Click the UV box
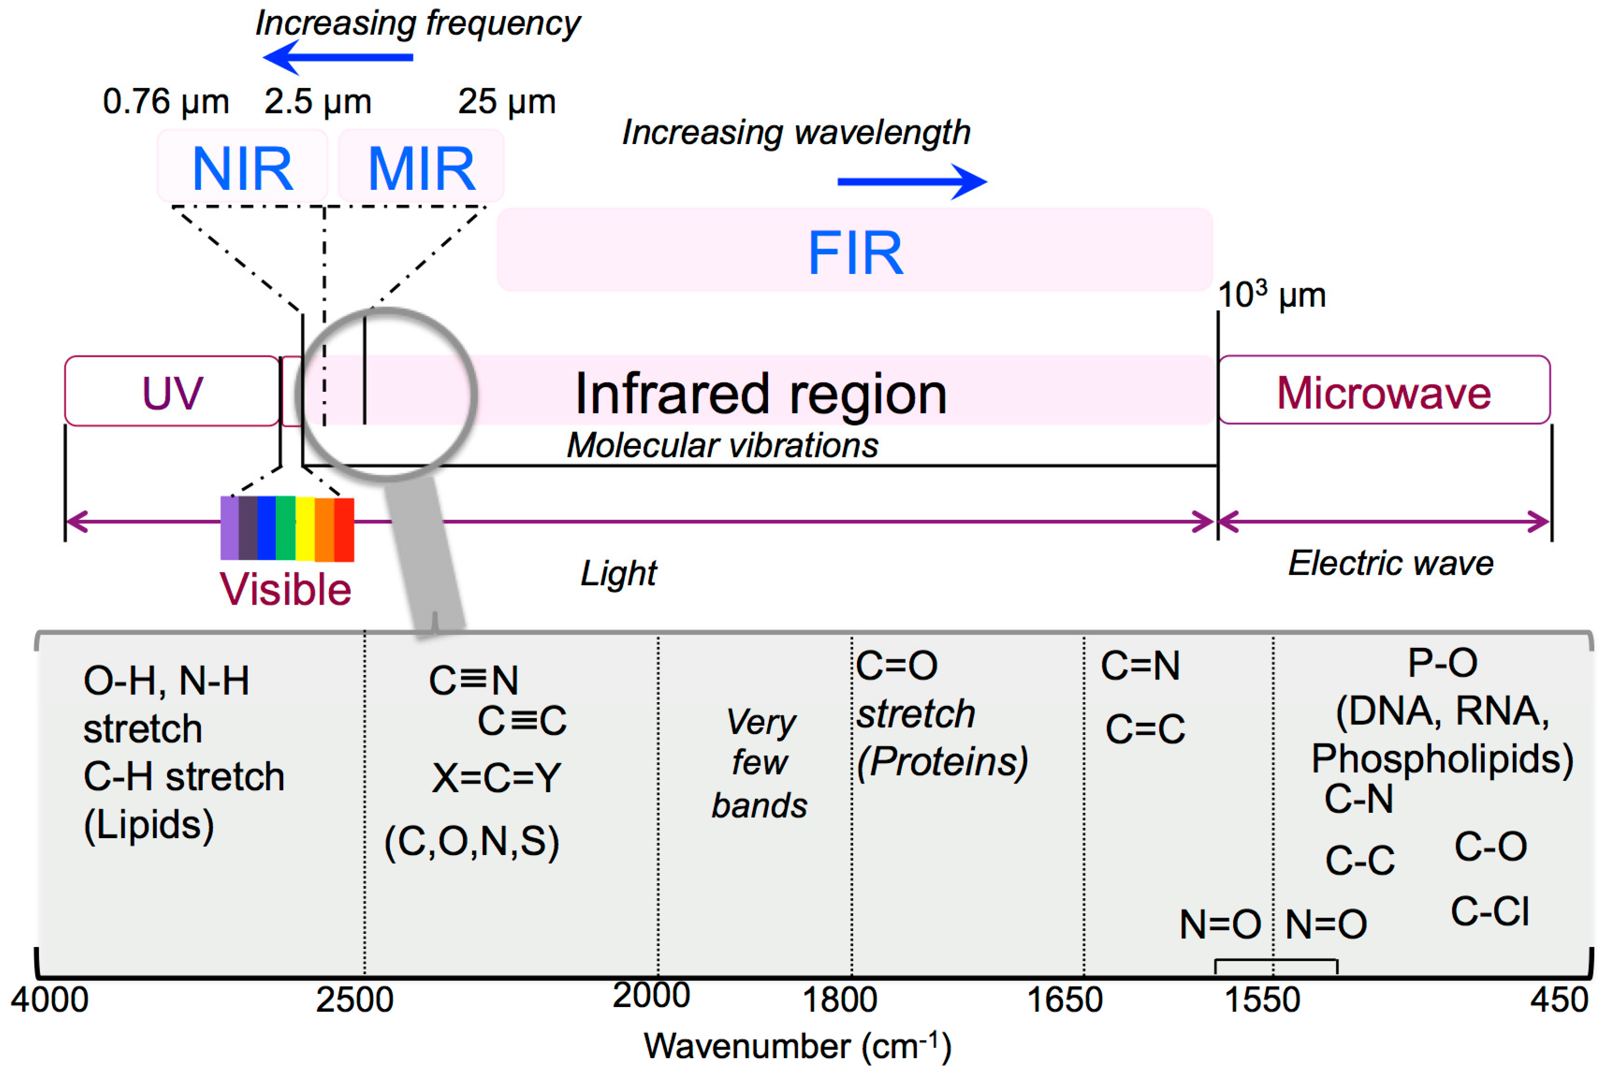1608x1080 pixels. pos(172,392)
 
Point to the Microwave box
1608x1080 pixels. pos(1383,392)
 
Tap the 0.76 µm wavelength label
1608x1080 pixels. pos(165,102)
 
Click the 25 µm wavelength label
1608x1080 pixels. pos(507,102)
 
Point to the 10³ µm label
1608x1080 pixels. pos(1271,295)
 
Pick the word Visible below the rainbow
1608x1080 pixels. pos(285,590)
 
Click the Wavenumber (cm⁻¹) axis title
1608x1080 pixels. pos(797,1046)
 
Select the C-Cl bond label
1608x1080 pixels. pos(1490,911)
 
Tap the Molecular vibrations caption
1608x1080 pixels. pos(722,445)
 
